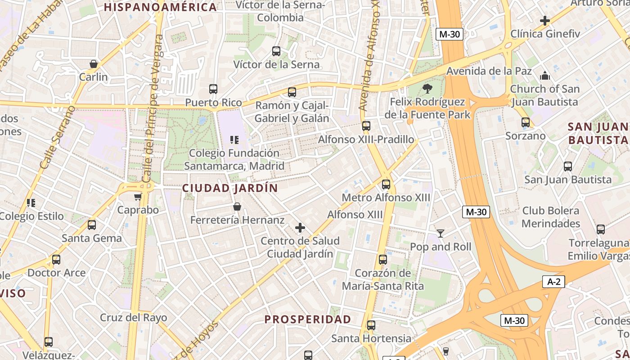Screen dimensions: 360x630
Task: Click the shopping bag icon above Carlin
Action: coord(94,64)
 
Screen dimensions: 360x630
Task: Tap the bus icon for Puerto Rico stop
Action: coord(213,89)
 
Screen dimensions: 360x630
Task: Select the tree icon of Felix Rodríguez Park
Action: coord(427,88)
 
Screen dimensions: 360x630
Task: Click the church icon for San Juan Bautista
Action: coord(545,75)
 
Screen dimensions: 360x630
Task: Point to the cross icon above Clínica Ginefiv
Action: coord(545,21)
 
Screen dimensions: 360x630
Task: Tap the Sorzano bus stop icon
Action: coord(526,122)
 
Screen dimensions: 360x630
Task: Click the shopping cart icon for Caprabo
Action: coord(138,197)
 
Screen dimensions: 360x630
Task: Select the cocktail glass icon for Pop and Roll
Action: coord(440,234)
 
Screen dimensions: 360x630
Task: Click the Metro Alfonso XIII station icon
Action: coord(386,184)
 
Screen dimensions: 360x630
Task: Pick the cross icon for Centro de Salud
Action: coord(300,228)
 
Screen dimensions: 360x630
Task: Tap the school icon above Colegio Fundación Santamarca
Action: coord(234,140)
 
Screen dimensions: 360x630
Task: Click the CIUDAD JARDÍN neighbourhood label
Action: coord(230,188)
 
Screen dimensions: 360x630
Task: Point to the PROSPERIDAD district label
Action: coord(307,319)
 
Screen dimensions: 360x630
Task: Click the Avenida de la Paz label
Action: coord(489,71)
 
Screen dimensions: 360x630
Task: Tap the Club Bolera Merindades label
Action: coord(551,217)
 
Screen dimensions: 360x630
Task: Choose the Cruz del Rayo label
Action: coord(133,317)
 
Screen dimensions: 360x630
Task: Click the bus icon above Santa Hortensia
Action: coord(371,325)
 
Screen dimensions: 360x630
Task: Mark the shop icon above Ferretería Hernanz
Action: coord(237,207)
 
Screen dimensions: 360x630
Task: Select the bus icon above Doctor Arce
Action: coord(56,260)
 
